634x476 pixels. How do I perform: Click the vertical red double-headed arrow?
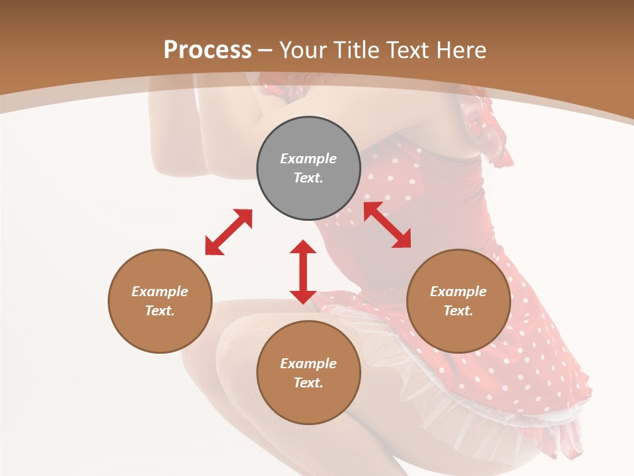[x=303, y=272]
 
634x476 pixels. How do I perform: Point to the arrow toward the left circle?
[x=229, y=232]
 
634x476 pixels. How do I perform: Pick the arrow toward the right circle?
[x=387, y=225]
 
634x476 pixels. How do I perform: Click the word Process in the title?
[x=207, y=50]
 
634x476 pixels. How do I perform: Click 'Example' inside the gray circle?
[x=308, y=159]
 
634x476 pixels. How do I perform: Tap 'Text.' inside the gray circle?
[x=308, y=178]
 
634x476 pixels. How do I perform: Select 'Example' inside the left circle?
[x=160, y=292]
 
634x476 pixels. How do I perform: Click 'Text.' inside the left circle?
[x=160, y=311]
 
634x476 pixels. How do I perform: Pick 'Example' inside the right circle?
[x=458, y=292]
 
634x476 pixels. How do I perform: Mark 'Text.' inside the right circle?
[x=458, y=311]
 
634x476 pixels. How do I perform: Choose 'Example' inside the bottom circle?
[x=308, y=364]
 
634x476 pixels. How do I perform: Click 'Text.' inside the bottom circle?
[x=308, y=383]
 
